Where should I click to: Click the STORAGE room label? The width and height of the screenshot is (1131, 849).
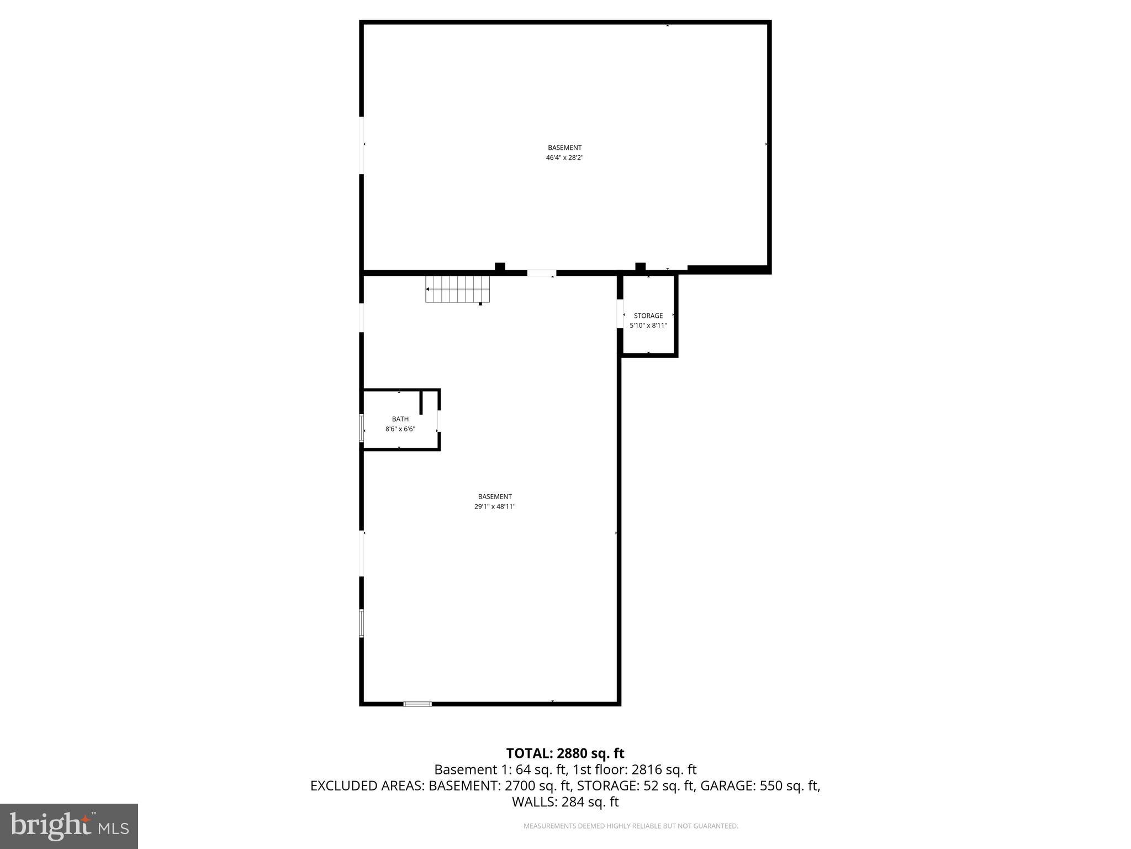(648, 316)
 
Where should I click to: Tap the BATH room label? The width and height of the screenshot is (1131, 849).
(400, 419)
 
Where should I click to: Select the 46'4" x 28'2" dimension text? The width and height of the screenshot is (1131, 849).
(564, 158)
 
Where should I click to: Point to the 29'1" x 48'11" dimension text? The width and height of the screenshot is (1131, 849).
(494, 506)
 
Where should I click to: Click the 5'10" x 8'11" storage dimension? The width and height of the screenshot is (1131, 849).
(648, 326)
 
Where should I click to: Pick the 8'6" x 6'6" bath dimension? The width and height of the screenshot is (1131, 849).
(400, 429)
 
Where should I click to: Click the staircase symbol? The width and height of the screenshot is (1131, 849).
(457, 289)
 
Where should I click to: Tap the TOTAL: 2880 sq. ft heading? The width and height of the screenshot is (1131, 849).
(565, 753)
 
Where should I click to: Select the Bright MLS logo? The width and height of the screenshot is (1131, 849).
(69, 826)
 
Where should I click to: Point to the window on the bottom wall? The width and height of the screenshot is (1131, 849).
(417, 704)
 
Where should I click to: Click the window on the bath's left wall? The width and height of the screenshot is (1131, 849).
(362, 428)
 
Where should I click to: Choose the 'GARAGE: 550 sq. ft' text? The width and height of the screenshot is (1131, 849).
(760, 785)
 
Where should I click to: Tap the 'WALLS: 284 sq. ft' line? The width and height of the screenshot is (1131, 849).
(565, 802)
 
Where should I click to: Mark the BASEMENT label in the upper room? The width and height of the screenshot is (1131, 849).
(564, 148)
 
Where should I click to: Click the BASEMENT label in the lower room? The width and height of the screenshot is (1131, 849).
(494, 496)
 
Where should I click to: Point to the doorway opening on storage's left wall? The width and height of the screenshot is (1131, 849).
(620, 314)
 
